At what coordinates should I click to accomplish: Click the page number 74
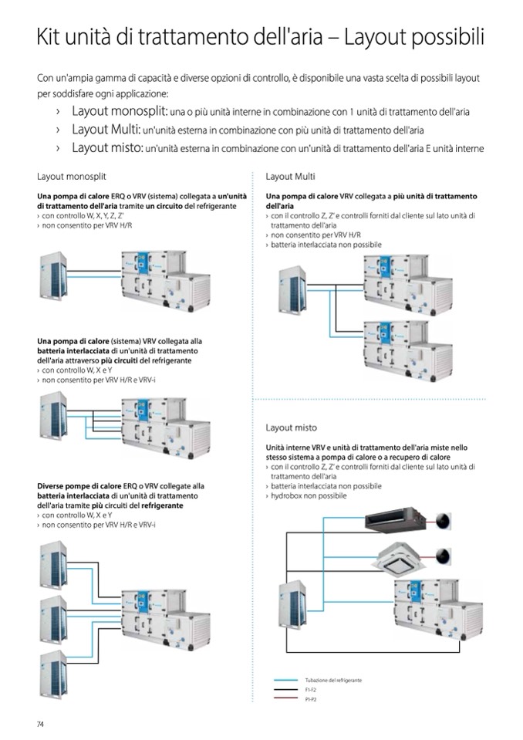41,723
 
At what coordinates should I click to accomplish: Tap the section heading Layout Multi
290,176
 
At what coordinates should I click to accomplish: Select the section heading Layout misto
291,427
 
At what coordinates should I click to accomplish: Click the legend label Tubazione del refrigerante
333,680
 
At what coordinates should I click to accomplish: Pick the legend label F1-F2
311,689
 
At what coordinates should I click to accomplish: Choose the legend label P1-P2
311,698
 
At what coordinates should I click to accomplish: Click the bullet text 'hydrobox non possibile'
309,495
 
